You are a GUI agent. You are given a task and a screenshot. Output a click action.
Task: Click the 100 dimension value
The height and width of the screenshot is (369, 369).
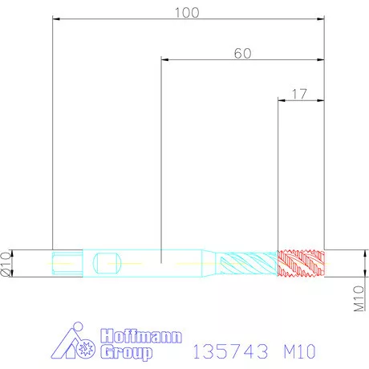(x=187, y=13)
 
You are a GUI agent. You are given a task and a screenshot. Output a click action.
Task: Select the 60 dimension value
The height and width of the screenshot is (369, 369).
(x=242, y=54)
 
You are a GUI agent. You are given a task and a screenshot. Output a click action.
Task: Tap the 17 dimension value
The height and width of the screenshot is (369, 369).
(x=299, y=94)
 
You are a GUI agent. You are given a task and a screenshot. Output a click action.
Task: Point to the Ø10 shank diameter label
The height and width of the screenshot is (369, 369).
(x=6, y=264)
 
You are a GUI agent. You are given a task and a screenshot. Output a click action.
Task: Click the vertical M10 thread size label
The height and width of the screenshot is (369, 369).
(x=359, y=298)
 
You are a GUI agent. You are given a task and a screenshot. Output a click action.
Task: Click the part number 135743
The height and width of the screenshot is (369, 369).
(x=230, y=351)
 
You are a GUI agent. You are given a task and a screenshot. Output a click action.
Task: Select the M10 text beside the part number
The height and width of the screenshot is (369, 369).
(x=299, y=351)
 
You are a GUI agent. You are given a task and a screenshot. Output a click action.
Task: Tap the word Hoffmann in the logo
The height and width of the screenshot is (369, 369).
(x=141, y=336)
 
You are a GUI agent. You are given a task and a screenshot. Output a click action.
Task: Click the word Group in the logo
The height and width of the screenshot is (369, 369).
(x=127, y=352)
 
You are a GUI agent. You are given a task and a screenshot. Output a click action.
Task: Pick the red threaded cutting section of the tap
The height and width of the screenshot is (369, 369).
(x=301, y=263)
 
